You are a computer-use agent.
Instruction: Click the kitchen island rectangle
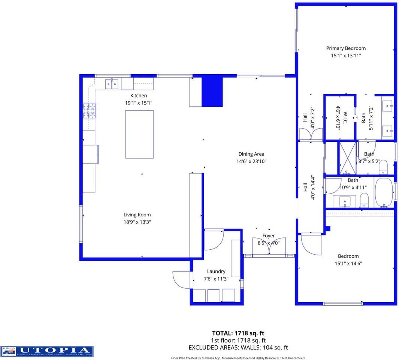(x=139, y=134)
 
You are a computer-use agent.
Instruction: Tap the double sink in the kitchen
(x=112, y=84)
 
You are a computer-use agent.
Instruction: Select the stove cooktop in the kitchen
(x=89, y=111)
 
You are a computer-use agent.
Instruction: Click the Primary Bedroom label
(x=345, y=48)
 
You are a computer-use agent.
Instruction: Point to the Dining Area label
(x=251, y=154)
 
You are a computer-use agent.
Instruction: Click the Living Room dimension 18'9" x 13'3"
(x=137, y=222)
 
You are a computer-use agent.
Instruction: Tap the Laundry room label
(x=216, y=271)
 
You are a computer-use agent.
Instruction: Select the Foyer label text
(x=268, y=236)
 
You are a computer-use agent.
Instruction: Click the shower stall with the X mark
(x=347, y=158)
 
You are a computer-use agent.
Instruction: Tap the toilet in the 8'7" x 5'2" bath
(x=383, y=168)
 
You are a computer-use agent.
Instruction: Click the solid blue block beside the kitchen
(x=212, y=92)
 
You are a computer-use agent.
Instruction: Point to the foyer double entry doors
(x=269, y=248)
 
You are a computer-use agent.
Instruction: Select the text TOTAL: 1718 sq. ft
(x=238, y=333)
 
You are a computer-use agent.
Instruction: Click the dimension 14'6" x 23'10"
(x=251, y=162)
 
